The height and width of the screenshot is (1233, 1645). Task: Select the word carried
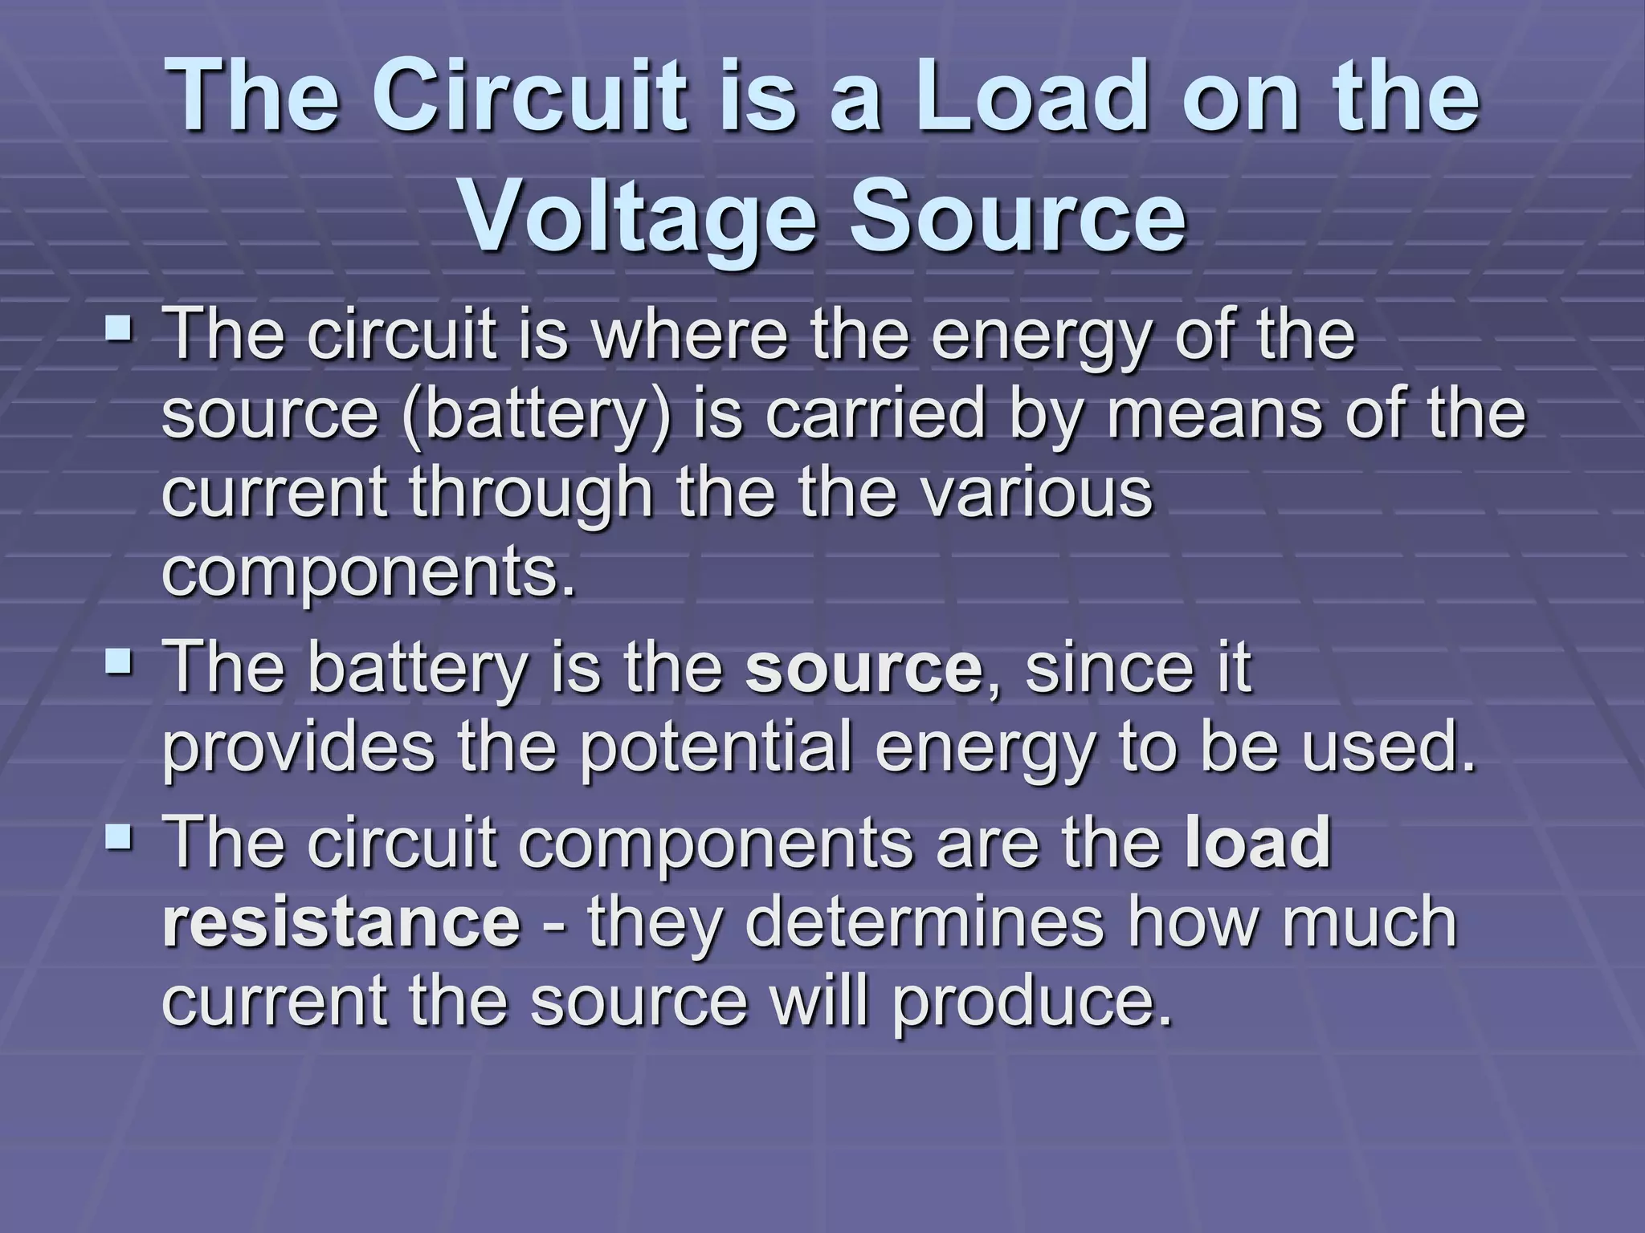874,414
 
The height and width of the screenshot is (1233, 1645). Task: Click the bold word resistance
341,922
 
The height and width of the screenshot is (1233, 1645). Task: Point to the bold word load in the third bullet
1258,841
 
